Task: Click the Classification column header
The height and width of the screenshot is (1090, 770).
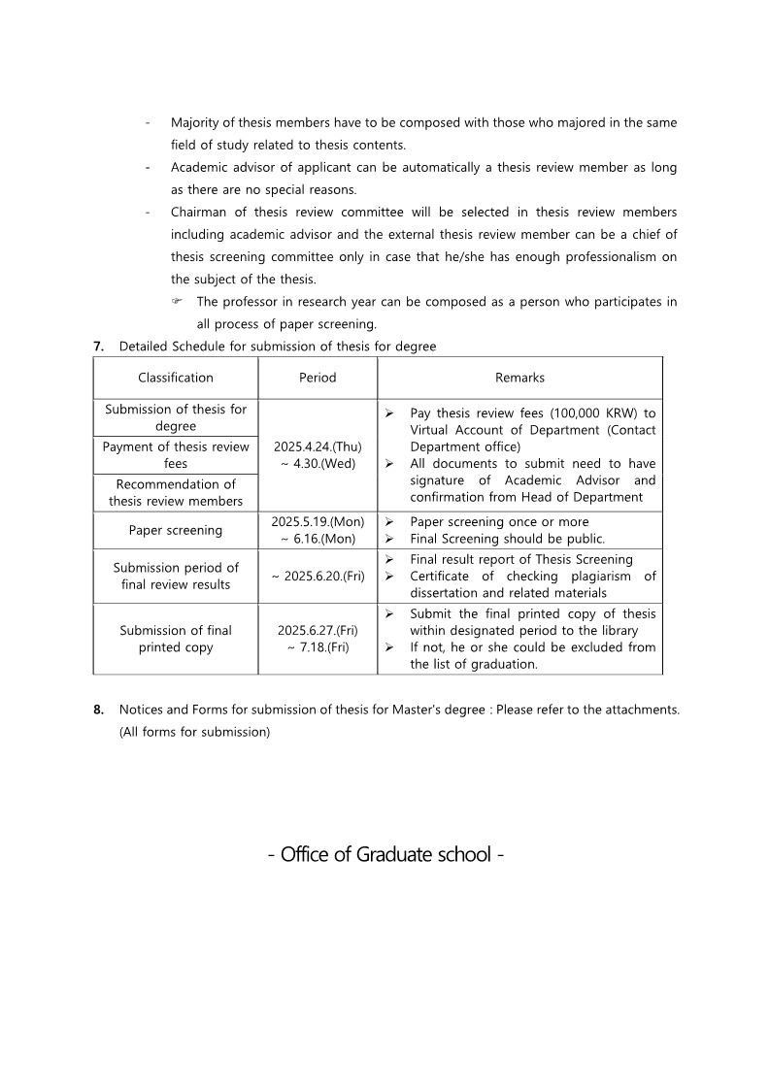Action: coord(176,378)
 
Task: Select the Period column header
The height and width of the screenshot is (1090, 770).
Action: coord(318,378)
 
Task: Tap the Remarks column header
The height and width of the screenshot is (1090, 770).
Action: coord(519,378)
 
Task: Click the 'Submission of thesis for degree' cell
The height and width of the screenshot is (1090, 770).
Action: coord(176,417)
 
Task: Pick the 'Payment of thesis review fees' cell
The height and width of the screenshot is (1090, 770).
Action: coord(176,455)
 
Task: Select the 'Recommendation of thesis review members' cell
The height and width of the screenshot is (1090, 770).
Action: coord(176,492)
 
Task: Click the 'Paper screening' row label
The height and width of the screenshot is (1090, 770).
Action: coord(176,530)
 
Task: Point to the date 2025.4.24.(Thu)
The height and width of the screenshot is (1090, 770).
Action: coord(318,446)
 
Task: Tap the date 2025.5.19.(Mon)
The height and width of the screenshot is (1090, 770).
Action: coord(318,522)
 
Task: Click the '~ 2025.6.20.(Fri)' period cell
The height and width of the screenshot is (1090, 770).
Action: coord(318,576)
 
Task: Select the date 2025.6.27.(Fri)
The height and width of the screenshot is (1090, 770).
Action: coord(318,630)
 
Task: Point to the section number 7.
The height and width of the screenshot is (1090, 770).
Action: coord(98,347)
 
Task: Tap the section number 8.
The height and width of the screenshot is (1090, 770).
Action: coord(98,710)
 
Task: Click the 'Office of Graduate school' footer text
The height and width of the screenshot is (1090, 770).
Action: coord(385,855)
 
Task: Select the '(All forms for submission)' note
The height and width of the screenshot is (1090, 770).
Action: coord(194,732)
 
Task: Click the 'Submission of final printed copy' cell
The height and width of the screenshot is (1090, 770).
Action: coord(176,639)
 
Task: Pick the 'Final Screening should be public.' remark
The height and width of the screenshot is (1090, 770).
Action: coord(507,539)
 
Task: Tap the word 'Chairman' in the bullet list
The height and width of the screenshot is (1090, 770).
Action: coord(201,213)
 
